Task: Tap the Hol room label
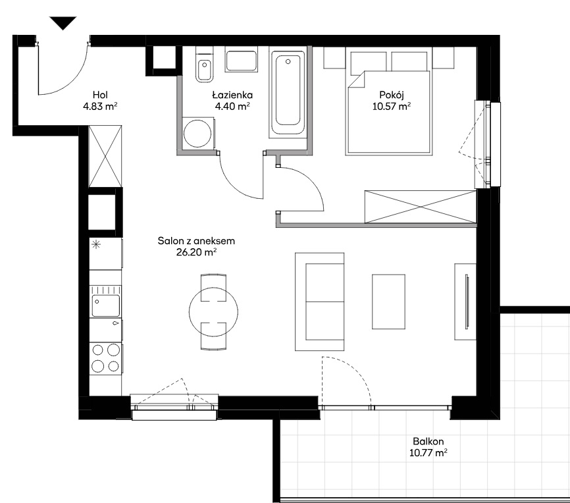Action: (100, 95)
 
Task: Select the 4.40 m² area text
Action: (232, 106)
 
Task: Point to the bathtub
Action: (288, 92)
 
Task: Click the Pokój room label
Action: (392, 95)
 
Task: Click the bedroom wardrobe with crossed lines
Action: (420, 206)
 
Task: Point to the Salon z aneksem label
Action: (196, 241)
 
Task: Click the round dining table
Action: (213, 311)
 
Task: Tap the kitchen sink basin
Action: (106, 305)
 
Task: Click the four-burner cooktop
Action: (105, 358)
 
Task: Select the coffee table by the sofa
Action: (388, 302)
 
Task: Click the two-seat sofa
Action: (319, 302)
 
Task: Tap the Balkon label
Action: (428, 442)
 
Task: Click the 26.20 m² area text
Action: (196, 252)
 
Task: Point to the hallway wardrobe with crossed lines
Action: (105, 157)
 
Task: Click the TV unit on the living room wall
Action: (465, 302)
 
